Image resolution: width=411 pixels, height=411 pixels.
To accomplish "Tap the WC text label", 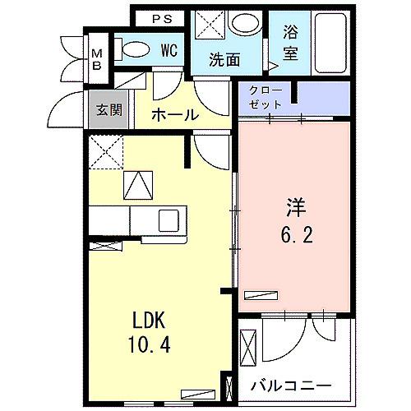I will [169, 50].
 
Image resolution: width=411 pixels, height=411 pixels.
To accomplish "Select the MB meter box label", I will [97, 60].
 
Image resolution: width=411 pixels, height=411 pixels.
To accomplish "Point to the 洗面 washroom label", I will [224, 59].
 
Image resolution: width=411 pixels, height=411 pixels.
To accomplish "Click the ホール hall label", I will [175, 114].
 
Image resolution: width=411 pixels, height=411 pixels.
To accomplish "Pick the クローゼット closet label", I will [266, 99].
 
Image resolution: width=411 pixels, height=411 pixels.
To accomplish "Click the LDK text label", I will [154, 319].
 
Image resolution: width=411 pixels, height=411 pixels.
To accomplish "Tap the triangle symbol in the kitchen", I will [136, 185].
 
